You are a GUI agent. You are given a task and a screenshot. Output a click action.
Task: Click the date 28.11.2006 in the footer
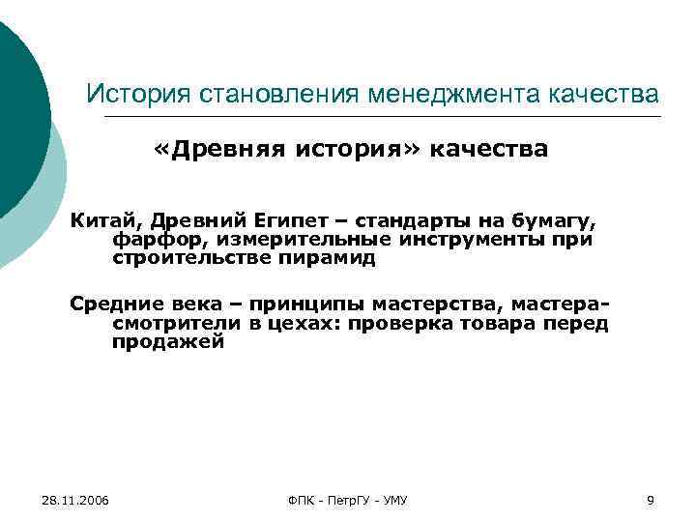coord(76,500)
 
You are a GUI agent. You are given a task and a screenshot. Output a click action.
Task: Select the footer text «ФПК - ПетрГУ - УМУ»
coord(348,500)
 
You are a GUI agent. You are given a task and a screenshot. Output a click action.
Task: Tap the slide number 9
coord(650,500)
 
